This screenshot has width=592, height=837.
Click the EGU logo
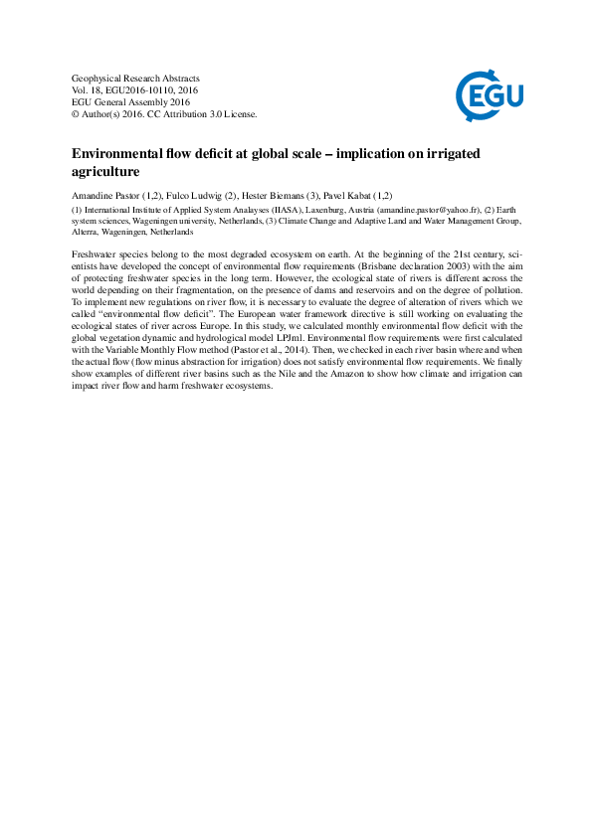[x=490, y=95]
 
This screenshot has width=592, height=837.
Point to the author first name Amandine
[x=92, y=196]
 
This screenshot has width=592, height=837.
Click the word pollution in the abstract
[x=501, y=287]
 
